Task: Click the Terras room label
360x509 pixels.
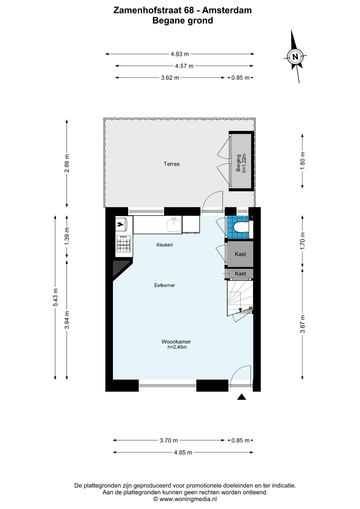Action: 172,164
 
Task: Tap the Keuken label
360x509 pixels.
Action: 165,245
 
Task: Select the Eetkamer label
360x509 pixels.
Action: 165,285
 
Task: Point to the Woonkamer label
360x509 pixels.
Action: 176,342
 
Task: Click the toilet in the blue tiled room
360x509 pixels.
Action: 242,227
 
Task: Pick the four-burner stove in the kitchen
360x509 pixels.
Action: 124,244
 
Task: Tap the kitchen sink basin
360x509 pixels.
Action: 174,225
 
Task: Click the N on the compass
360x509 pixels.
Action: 295,57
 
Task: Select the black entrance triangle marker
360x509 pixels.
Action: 242,397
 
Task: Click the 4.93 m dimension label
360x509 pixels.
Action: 180,54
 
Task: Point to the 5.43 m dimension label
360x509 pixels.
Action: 55,297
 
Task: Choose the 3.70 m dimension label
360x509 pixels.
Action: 169,440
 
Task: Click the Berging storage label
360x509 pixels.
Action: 239,163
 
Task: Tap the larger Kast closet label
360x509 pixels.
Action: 240,254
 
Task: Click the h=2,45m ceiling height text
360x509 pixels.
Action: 177,347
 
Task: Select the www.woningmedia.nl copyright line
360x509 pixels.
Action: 185,499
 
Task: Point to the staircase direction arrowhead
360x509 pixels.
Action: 240,310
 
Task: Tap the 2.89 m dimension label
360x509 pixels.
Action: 67,163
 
